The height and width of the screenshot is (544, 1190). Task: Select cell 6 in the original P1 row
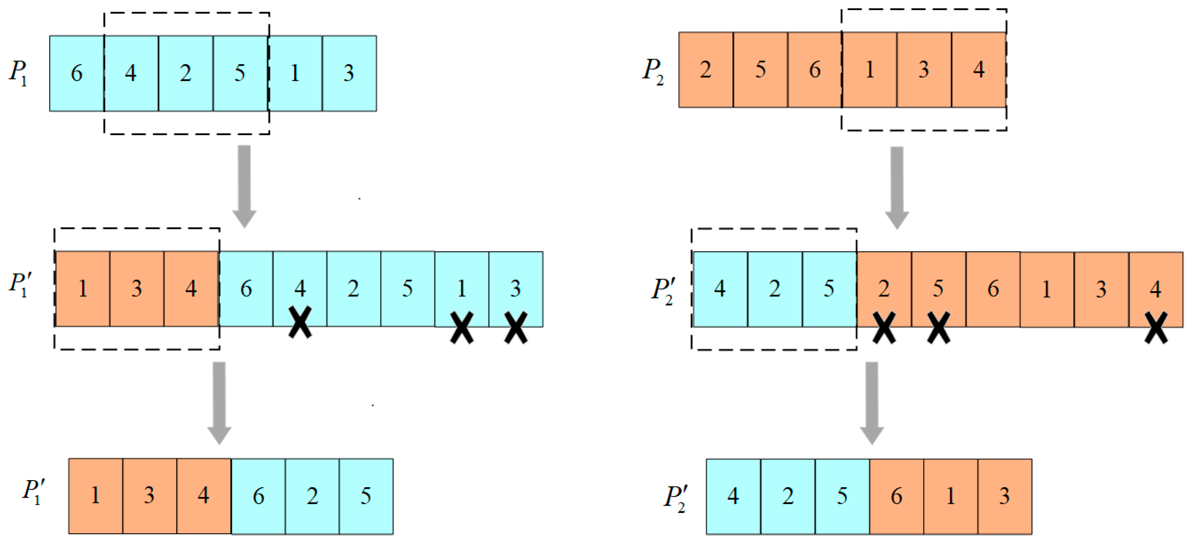point(77,73)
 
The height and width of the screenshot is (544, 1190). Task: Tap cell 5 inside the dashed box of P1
point(240,73)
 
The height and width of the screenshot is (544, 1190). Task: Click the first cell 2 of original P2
point(705,70)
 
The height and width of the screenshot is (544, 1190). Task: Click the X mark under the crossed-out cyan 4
point(300,323)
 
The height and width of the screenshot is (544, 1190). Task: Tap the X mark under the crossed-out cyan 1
point(461,327)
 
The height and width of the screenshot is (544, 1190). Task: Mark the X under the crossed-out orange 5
point(938,327)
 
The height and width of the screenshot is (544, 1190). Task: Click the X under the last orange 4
point(1156,327)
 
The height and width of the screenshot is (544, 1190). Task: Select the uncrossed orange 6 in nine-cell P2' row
point(993,289)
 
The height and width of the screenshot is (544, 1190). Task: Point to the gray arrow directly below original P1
point(244,185)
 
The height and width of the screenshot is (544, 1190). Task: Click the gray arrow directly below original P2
point(897,186)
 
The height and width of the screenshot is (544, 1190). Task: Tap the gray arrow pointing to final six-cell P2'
point(872,402)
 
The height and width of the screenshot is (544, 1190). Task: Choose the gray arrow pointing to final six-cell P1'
point(219,402)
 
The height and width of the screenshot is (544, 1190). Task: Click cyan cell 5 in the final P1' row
point(366,496)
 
